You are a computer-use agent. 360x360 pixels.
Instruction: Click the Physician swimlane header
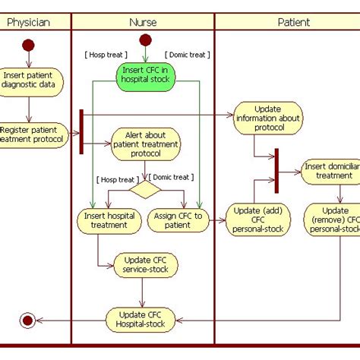(x=28, y=22)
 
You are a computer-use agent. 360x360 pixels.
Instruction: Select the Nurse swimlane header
(x=143, y=22)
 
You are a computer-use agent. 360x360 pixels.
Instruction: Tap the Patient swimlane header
(x=293, y=22)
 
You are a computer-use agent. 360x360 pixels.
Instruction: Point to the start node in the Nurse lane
(x=145, y=39)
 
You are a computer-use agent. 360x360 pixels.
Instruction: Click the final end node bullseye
(x=28, y=321)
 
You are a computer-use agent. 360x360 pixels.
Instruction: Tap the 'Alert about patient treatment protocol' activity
(x=146, y=143)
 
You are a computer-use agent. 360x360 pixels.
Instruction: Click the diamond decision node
(x=145, y=188)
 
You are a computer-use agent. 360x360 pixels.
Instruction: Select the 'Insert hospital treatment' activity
(x=109, y=220)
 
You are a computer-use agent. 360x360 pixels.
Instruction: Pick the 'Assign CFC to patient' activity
(x=178, y=220)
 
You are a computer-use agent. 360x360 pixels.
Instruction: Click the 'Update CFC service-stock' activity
(x=146, y=265)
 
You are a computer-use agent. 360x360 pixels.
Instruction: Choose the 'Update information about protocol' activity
(x=267, y=118)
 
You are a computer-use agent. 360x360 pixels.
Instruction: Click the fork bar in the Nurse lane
(x=81, y=131)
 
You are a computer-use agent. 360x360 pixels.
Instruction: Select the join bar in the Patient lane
(x=277, y=171)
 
